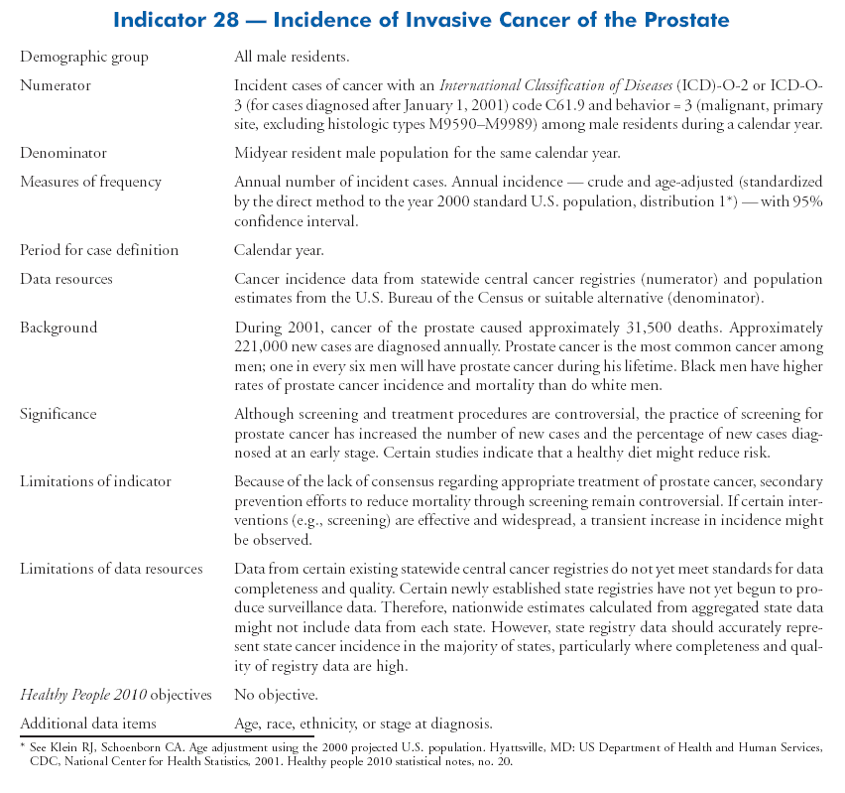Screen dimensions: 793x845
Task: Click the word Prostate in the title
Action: pos(680,19)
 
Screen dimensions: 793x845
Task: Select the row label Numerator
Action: pos(56,86)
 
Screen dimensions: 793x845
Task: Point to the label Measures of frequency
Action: pos(90,183)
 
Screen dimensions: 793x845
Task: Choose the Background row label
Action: pos(59,328)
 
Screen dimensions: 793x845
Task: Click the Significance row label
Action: pos(60,414)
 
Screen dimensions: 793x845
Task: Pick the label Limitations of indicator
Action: pos(95,481)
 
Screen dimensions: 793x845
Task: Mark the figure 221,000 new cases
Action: pos(261,347)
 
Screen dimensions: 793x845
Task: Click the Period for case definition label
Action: pos(99,250)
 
